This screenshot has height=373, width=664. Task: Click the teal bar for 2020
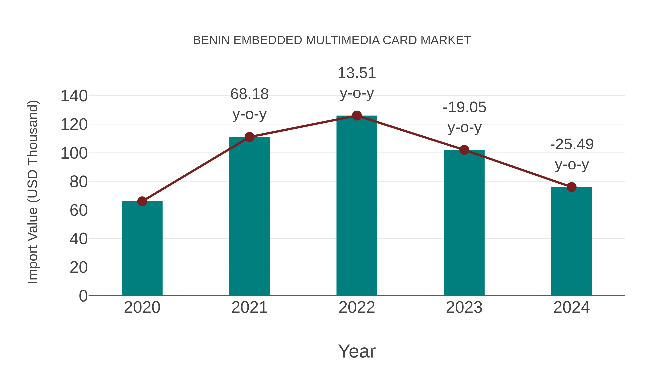(142, 248)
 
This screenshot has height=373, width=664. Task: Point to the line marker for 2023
(464, 150)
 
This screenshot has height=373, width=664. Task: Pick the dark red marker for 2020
(142, 201)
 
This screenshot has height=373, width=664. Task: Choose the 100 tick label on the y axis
(74, 153)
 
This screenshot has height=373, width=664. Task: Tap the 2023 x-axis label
(464, 307)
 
